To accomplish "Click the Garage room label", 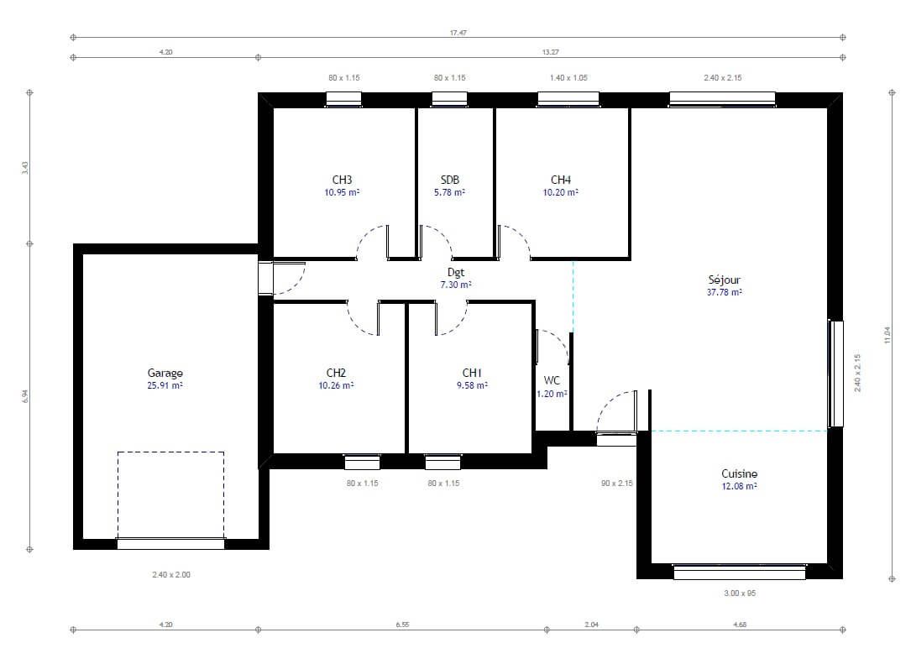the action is click(x=165, y=373).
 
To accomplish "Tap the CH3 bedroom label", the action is click(x=343, y=180).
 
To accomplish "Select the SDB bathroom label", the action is click(x=450, y=180).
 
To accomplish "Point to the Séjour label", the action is click(x=725, y=280).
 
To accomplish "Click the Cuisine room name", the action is click(x=740, y=473).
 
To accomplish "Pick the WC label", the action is click(x=552, y=380).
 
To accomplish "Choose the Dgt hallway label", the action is click(x=456, y=272).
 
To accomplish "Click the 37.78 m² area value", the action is click(x=725, y=292).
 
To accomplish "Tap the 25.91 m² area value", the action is click(x=165, y=385).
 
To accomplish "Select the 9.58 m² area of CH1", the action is click(x=473, y=385).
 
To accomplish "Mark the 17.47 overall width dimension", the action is click(x=458, y=33).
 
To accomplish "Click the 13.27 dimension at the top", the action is click(x=550, y=52).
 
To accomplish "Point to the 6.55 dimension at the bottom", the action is click(x=403, y=625).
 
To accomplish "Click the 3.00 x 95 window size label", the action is click(x=740, y=593).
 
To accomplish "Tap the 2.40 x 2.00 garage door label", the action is click(x=171, y=574).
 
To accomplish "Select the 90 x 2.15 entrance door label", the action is click(x=617, y=483).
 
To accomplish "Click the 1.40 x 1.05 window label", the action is click(x=568, y=77).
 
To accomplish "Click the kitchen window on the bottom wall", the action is click(x=740, y=573).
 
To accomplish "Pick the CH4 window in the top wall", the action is click(x=568, y=99).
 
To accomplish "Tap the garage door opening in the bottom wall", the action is click(x=170, y=544).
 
